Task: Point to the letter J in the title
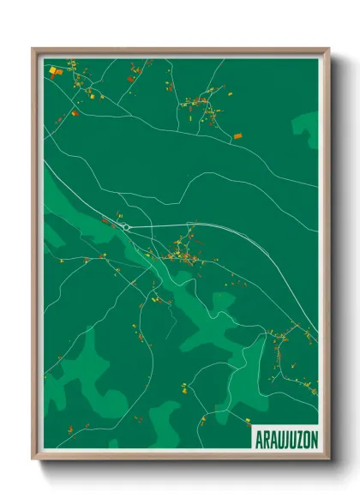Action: pyautogui.click(x=280, y=437)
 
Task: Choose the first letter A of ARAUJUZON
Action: pyautogui.click(x=256, y=437)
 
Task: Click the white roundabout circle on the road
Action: pyautogui.click(x=126, y=227)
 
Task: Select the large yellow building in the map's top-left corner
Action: pyautogui.click(x=54, y=70)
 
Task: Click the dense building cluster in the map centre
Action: pyautogui.click(x=182, y=251)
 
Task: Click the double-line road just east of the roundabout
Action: pyautogui.click(x=171, y=225)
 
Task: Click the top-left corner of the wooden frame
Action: pyautogui.click(x=33, y=50)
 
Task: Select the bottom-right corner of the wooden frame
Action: pyautogui.click(x=328, y=460)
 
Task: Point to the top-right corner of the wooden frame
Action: pyautogui.click(x=328, y=50)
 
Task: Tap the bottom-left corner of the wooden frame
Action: pyautogui.click(x=33, y=460)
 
